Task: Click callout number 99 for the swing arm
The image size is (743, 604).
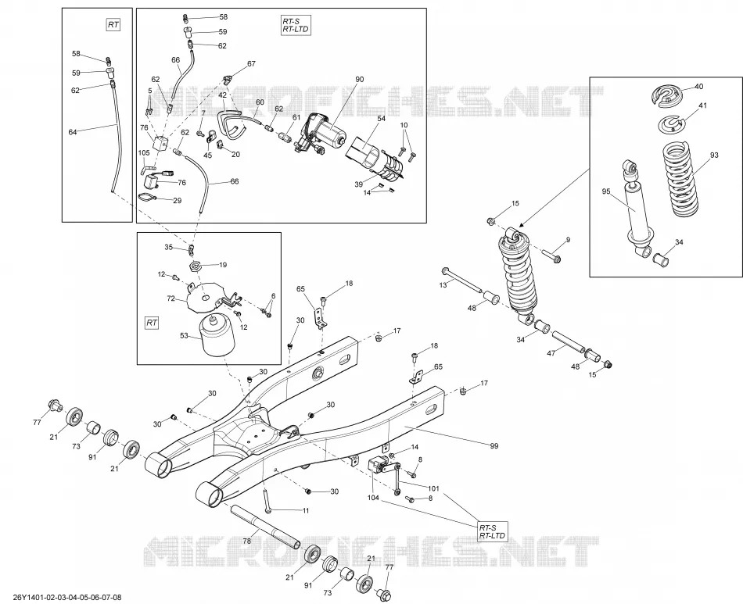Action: [x=494, y=446]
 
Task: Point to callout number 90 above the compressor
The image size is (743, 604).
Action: [x=360, y=79]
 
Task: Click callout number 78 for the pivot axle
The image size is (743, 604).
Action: [x=246, y=541]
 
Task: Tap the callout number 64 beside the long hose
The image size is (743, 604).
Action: [x=73, y=132]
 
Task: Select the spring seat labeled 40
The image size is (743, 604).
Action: [x=668, y=95]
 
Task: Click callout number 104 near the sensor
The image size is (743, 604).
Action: [x=373, y=498]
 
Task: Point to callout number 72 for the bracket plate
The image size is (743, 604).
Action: [x=171, y=298]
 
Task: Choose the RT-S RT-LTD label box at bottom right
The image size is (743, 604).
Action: [x=492, y=531]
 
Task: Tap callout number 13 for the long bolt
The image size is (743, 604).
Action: [x=443, y=285]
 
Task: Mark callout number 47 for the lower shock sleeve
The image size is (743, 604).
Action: [x=551, y=353]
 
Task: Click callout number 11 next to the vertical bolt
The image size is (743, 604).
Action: [x=306, y=510]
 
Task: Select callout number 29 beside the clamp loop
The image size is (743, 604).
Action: [x=178, y=201]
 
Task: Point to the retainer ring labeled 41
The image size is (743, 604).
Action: [x=671, y=124]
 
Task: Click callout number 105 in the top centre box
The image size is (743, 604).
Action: [x=144, y=153]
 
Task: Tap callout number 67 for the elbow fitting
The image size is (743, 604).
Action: [x=251, y=64]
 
